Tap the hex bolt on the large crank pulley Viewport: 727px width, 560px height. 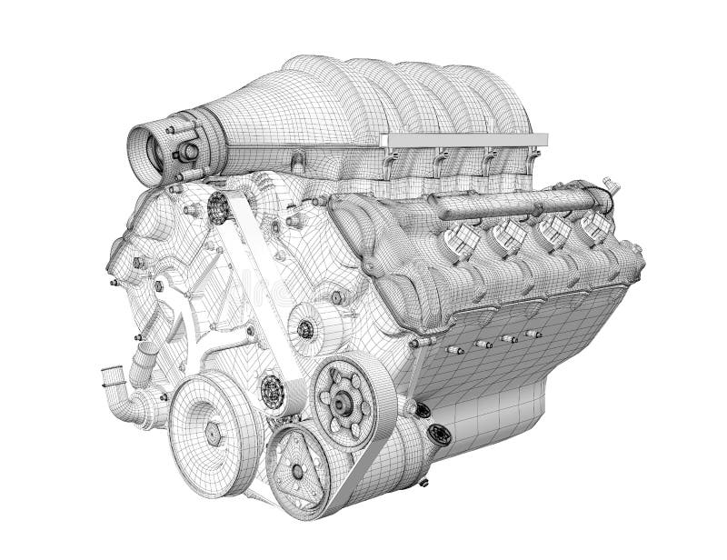point(214,435)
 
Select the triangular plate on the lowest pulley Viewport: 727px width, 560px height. point(296,470)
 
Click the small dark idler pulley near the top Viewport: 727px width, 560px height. point(217,208)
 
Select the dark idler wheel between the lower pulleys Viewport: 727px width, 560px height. point(272,391)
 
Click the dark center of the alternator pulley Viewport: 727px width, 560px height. point(305,329)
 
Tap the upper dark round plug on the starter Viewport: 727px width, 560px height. point(422,409)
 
